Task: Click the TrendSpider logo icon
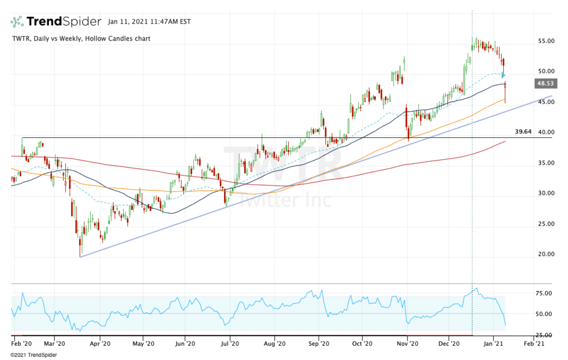[x=17, y=22]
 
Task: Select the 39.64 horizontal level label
[x=523, y=132]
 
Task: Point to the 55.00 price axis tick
[x=546, y=42]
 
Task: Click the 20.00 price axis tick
[x=546, y=254]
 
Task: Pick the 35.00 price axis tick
[x=546, y=163]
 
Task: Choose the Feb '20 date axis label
[x=21, y=344]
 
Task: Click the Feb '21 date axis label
[x=533, y=344]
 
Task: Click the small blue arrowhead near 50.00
[x=504, y=75]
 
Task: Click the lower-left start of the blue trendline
[x=81, y=257]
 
